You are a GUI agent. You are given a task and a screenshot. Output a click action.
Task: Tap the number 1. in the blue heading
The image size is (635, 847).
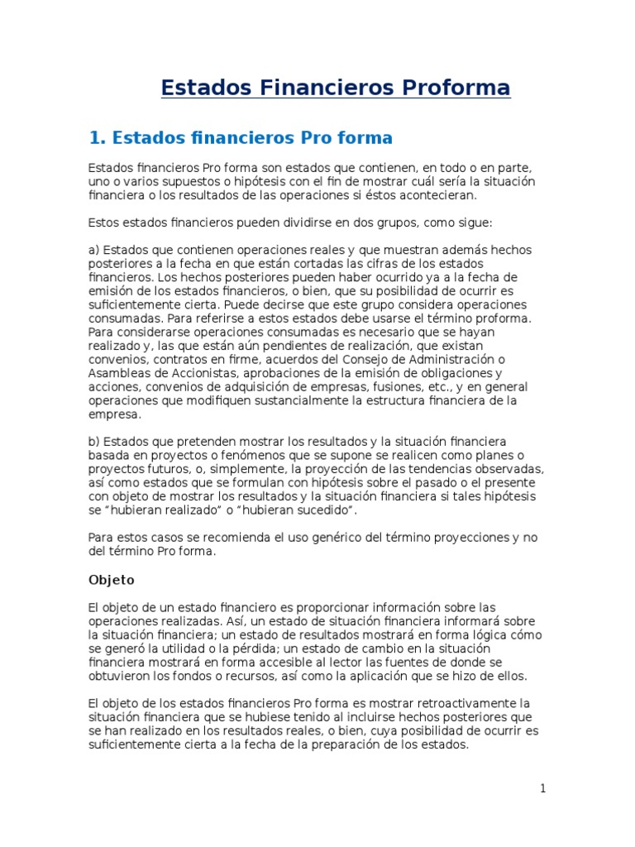tap(97, 137)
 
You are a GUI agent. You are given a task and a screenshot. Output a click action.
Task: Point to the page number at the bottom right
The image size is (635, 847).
tap(542, 788)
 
